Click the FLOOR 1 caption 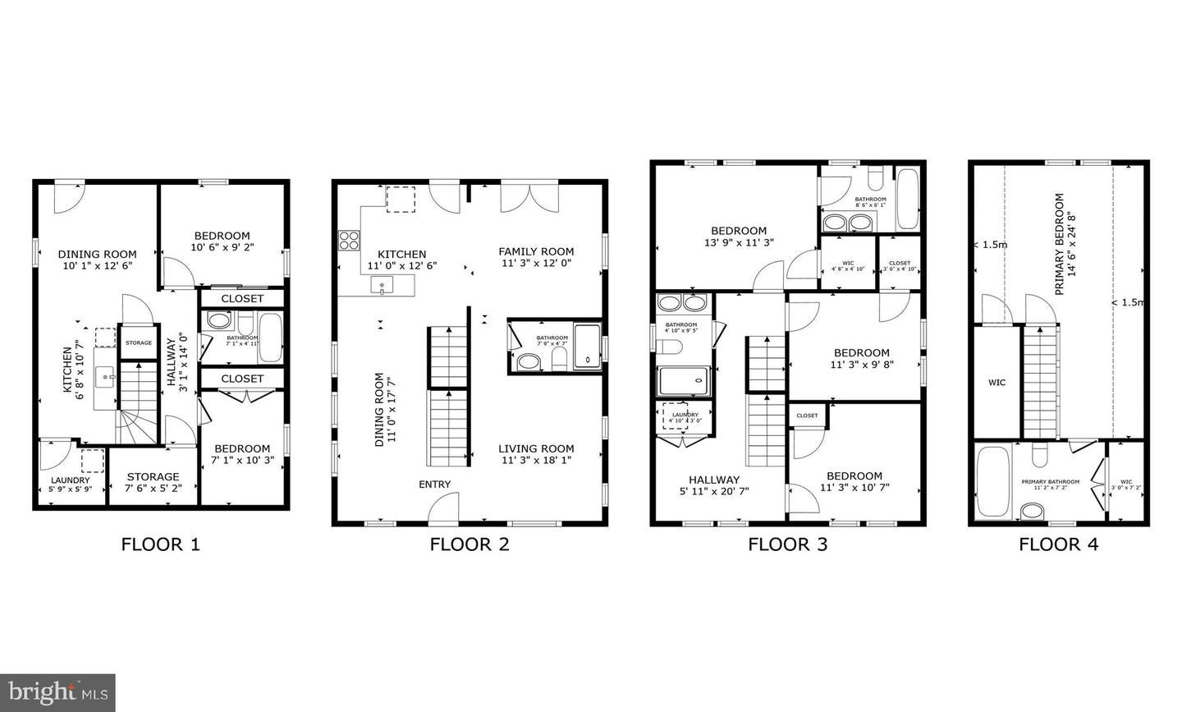pos(160,544)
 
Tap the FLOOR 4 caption pos(1058,544)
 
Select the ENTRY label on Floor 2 pos(434,485)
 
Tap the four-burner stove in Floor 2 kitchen pos(350,241)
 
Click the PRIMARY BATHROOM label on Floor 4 pos(1050,482)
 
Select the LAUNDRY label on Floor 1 pos(71,480)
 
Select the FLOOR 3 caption pos(787,544)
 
